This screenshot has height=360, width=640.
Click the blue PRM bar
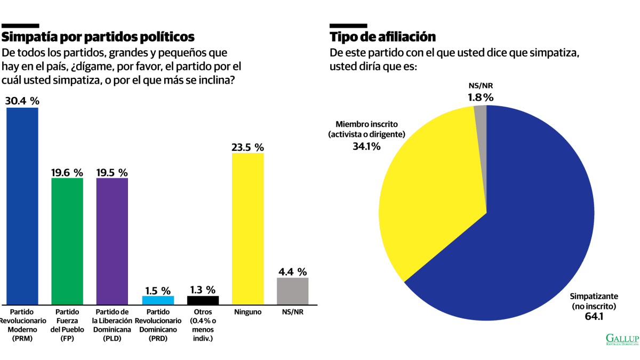click(22, 206)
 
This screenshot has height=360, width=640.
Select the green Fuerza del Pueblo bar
click(67, 241)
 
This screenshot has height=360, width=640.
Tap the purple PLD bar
click(112, 241)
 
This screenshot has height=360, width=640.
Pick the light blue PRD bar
click(158, 300)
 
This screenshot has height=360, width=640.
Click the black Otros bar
click(203, 300)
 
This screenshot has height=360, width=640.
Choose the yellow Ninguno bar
click(247, 229)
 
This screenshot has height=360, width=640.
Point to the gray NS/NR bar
click(293, 291)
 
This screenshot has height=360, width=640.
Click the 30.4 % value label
click(22, 101)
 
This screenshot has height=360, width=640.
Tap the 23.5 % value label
click(247, 147)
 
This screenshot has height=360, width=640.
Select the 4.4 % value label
click(293, 271)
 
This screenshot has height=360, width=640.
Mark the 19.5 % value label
click(112, 173)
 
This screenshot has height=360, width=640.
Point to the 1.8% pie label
click(481, 98)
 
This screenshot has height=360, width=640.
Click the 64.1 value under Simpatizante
click(594, 316)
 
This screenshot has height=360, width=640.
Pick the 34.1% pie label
click(366, 146)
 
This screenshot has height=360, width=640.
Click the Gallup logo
click(622, 339)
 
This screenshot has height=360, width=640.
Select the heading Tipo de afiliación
click(383, 37)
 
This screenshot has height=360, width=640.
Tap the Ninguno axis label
click(247, 311)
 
